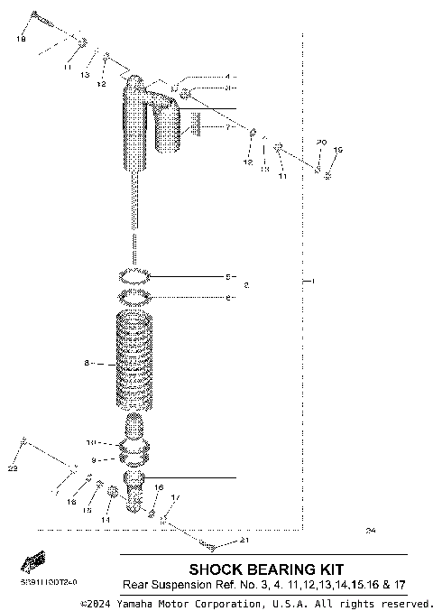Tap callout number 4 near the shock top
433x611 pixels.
227,77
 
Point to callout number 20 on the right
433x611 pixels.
319,143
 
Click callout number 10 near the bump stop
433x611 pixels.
90,443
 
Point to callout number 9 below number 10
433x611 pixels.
90,459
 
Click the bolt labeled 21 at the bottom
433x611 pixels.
209,545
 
